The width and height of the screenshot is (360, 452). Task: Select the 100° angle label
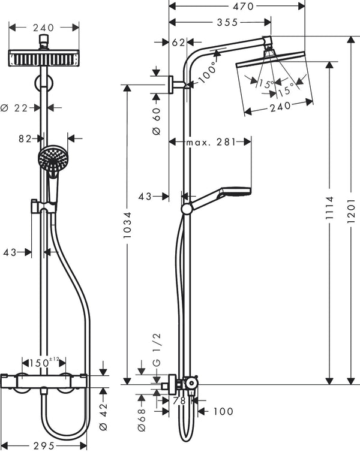(208, 71)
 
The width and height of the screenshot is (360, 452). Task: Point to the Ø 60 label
(157, 113)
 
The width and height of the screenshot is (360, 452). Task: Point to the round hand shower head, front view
(53, 159)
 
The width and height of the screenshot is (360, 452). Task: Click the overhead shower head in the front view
(43, 59)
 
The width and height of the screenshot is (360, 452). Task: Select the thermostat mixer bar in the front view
(46, 379)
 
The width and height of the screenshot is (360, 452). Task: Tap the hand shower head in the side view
(236, 192)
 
